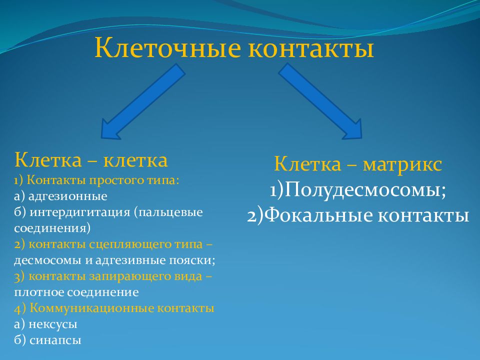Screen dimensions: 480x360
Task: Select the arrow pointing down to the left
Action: (143, 101)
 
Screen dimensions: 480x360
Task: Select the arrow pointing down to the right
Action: (320, 101)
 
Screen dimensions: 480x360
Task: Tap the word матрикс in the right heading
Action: (402, 164)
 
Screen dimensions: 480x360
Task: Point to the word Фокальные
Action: (318, 215)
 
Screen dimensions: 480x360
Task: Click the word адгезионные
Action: (67, 196)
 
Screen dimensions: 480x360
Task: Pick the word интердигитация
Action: (80, 212)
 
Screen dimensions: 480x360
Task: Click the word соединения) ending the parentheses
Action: (52, 228)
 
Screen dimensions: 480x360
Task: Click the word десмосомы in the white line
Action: (47, 260)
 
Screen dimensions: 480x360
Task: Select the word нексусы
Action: (53, 324)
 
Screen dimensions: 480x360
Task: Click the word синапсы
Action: (55, 340)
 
